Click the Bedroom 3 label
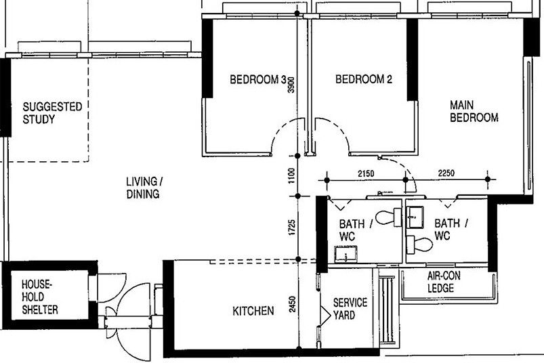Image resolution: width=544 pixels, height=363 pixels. (x=258, y=80)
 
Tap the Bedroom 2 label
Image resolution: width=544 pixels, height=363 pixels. (x=364, y=79)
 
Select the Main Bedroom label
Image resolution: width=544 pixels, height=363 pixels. (x=474, y=111)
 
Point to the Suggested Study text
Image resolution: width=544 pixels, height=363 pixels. (x=52, y=113)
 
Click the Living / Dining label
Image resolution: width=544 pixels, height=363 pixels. (x=144, y=188)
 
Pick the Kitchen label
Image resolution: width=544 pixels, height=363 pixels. (x=253, y=311)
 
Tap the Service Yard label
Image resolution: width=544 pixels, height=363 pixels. (x=350, y=309)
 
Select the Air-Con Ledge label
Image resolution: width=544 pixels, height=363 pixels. (x=444, y=282)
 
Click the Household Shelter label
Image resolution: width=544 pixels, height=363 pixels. (x=39, y=297)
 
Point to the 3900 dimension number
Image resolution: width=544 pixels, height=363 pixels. (x=291, y=85)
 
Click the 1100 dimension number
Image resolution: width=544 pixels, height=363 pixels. (x=291, y=176)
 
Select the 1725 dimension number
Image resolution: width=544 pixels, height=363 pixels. (x=292, y=228)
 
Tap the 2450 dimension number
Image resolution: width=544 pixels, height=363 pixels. (x=292, y=303)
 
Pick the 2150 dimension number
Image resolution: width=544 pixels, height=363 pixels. (x=366, y=173)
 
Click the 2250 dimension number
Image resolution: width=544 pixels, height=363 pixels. (x=446, y=173)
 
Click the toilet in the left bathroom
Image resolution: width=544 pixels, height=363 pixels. (x=389, y=217)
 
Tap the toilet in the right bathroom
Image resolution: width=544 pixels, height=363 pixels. (x=419, y=244)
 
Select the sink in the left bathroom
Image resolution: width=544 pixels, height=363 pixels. (x=346, y=254)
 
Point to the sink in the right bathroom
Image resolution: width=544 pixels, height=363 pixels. (x=415, y=217)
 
